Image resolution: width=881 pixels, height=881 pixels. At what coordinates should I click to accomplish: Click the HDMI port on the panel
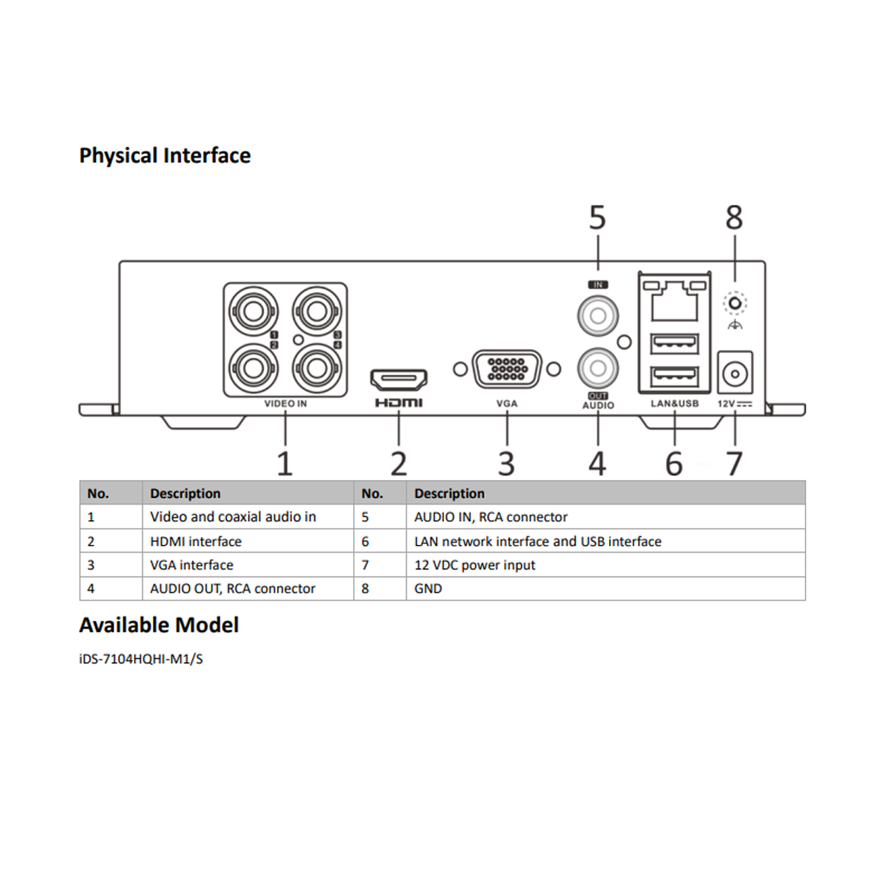399,380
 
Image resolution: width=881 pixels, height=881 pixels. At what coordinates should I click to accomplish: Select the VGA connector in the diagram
507,369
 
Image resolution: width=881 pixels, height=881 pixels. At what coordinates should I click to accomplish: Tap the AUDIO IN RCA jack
598,315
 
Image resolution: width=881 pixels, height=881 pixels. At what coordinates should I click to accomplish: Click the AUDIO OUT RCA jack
598,367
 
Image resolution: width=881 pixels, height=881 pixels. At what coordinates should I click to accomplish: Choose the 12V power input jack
735,373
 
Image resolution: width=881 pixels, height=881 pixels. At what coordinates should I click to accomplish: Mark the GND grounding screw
735,304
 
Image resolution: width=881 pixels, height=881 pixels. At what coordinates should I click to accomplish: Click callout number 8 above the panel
734,217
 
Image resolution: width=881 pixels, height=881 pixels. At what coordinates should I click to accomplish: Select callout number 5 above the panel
597,217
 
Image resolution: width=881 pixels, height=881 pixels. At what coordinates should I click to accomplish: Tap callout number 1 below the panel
285,464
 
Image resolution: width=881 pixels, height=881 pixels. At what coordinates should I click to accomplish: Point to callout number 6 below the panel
674,464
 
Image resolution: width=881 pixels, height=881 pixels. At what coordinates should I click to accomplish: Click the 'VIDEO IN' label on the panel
285,404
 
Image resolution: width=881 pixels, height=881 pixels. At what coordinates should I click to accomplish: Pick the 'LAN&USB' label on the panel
674,404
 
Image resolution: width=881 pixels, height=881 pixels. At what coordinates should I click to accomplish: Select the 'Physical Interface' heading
165,156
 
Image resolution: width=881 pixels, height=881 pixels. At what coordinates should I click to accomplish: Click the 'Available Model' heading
159,625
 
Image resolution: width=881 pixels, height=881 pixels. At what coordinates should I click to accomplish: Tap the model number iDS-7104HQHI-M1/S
141,659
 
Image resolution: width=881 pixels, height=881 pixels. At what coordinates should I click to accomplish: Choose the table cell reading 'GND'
429,589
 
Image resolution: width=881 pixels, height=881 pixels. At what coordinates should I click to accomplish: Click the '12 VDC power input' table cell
474,565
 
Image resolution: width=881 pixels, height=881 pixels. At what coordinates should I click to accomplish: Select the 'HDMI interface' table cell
195,541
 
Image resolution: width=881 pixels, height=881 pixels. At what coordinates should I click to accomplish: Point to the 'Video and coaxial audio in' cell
233,517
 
